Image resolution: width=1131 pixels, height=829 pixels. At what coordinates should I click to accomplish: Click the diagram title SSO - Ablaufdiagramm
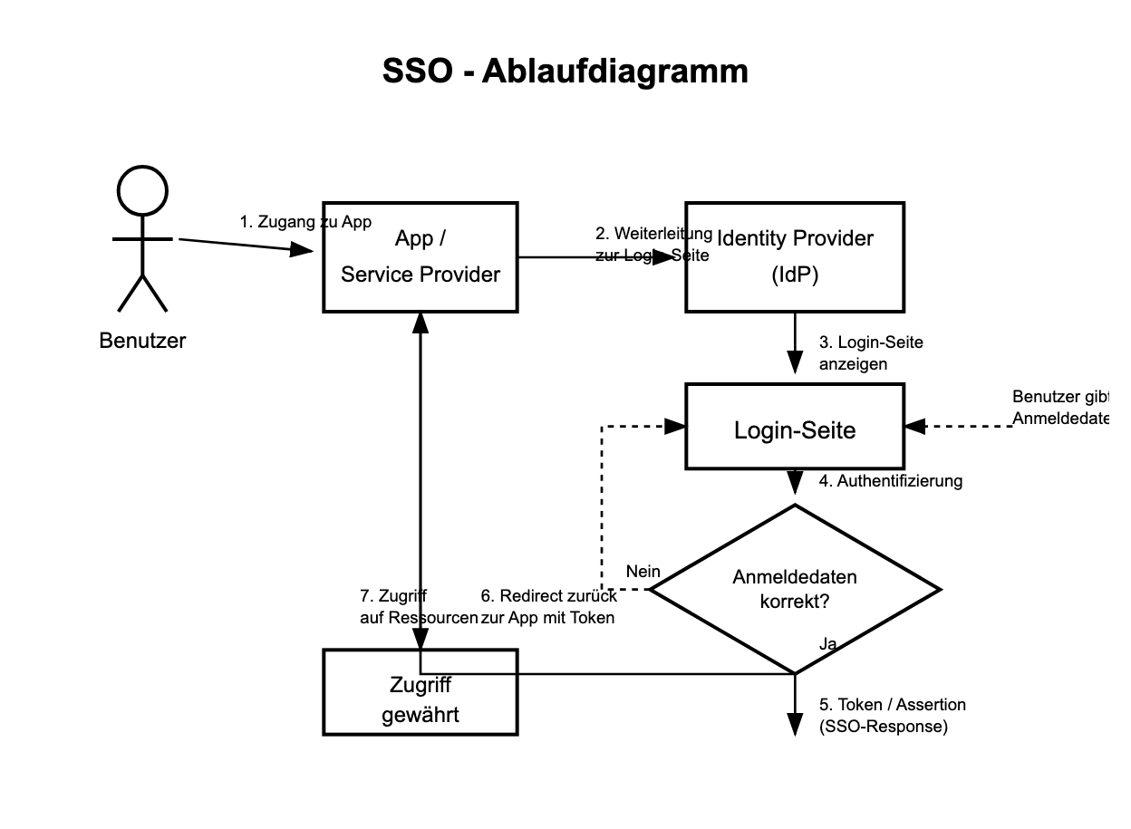(x=565, y=71)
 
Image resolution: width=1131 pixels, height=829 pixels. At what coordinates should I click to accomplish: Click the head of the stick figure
(x=142, y=191)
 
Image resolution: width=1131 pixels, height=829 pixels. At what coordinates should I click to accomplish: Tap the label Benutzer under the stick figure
(x=142, y=341)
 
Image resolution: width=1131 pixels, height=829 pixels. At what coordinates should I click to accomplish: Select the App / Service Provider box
(x=420, y=257)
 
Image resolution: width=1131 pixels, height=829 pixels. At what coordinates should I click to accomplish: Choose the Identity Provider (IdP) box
(x=795, y=257)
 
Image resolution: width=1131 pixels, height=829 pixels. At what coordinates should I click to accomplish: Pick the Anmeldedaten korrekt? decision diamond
(x=795, y=589)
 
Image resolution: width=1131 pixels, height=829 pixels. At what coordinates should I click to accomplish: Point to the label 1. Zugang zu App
(x=305, y=222)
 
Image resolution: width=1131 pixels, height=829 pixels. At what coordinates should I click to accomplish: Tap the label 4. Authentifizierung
(x=890, y=481)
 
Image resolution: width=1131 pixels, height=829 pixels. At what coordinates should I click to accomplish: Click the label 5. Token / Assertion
(x=892, y=705)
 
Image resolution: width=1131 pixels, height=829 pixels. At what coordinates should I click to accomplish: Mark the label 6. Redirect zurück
(x=548, y=596)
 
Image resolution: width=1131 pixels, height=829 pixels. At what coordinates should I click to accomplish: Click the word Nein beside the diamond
(x=643, y=572)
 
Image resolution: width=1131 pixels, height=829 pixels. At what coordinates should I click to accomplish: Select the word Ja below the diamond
(x=826, y=644)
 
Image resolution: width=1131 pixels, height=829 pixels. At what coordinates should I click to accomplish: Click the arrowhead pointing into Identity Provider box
(x=665, y=257)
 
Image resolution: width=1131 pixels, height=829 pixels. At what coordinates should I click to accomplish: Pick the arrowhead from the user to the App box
(x=303, y=249)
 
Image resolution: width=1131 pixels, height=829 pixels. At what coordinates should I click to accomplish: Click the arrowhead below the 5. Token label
(x=795, y=724)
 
